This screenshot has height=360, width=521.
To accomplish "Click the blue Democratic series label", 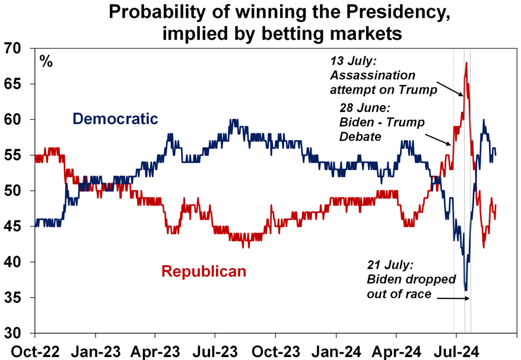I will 115,119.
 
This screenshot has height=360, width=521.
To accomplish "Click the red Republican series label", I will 204,272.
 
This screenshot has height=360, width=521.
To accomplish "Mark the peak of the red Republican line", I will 466,63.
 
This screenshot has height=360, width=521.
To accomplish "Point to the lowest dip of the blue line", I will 466,289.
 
